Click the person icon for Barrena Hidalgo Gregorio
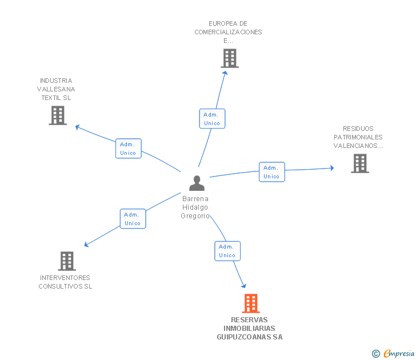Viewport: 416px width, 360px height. (x=197, y=183)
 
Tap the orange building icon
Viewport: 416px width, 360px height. (x=251, y=303)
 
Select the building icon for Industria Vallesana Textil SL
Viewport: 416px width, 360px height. (x=58, y=115)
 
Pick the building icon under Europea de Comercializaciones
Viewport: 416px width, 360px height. (x=230, y=58)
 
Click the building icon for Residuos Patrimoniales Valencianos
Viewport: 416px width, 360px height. (x=360, y=163)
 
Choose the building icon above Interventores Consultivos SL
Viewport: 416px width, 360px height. (x=67, y=261)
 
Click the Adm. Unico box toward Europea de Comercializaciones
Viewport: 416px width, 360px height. (x=212, y=119)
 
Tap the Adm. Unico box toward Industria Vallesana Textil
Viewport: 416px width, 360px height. (x=129, y=149)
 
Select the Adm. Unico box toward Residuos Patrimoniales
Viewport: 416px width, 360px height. (x=272, y=172)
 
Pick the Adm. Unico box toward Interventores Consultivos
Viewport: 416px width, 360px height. (x=133, y=219)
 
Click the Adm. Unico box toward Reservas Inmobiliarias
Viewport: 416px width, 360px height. (x=227, y=251)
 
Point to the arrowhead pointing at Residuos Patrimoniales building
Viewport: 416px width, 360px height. (x=332, y=168)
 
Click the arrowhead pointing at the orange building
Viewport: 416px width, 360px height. (x=244, y=286)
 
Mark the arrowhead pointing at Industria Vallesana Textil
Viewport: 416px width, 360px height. (x=78, y=127)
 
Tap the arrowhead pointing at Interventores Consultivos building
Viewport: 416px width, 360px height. (x=86, y=245)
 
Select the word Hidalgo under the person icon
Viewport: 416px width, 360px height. (x=195, y=207)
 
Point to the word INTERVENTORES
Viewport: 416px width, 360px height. (x=65, y=278)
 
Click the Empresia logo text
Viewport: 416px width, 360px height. (x=399, y=353)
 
